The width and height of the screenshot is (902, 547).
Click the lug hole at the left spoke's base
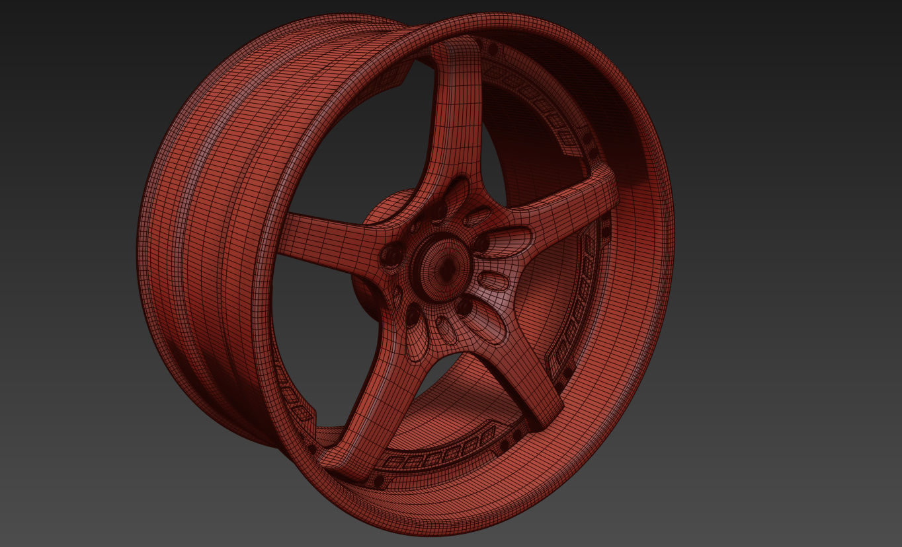click(x=391, y=254)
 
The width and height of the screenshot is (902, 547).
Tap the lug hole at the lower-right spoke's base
click(x=465, y=306)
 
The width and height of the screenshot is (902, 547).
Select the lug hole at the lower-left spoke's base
click(x=413, y=316)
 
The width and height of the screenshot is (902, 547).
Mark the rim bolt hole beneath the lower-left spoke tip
click(x=379, y=482)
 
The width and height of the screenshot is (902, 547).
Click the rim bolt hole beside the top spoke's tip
click(x=493, y=50)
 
